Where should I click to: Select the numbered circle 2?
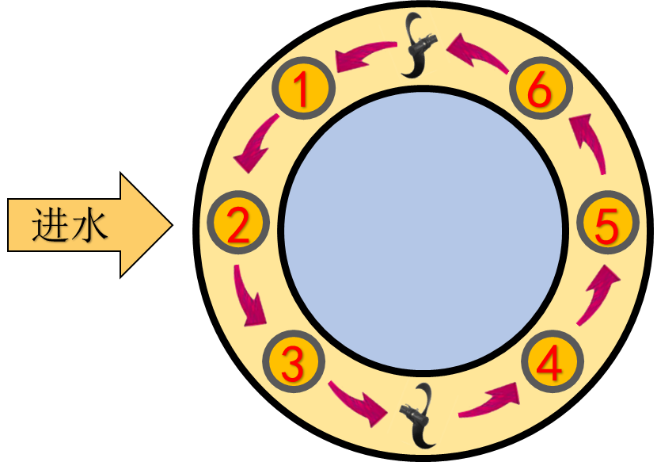[x=238, y=224]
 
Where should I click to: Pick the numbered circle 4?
[x=552, y=363]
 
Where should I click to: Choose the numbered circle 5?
[x=607, y=226]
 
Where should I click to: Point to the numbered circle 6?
[x=539, y=90]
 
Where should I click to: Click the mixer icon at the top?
[x=420, y=45]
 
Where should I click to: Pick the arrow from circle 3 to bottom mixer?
[x=359, y=402]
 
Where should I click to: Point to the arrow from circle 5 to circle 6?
[x=589, y=143]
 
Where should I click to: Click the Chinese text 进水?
[x=70, y=226]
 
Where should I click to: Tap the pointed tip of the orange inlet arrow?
[x=170, y=226]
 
